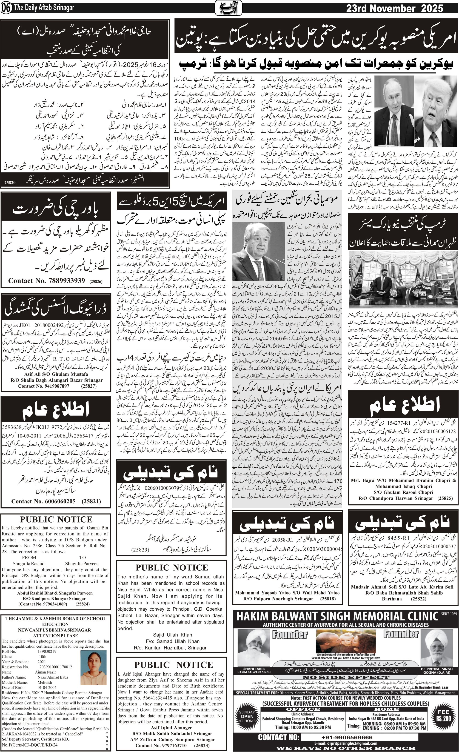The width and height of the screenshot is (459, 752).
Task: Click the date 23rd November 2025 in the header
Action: click(394, 8)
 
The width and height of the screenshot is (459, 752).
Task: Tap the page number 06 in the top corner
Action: click(6, 9)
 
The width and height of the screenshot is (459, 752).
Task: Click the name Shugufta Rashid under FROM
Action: click(28, 563)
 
